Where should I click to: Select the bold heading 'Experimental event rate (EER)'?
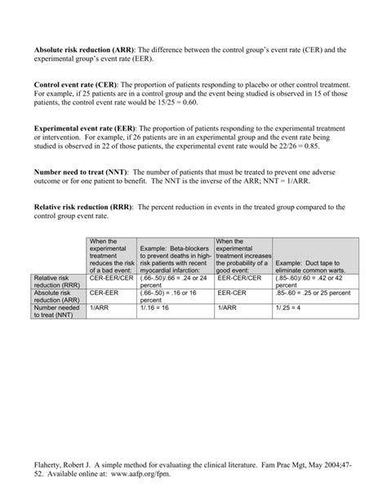click(85, 128)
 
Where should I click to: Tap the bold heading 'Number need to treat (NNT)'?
click(80, 172)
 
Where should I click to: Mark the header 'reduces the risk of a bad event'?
click(111, 258)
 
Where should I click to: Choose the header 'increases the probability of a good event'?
click(242, 258)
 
